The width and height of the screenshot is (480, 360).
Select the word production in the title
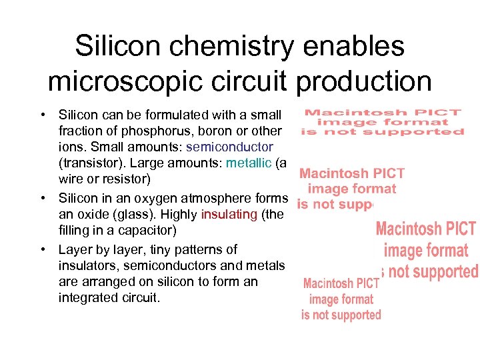point(363,82)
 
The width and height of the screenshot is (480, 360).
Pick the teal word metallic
point(249,163)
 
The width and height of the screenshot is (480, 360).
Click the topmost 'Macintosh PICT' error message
point(383,122)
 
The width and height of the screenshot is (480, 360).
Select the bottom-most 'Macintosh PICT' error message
point(341,299)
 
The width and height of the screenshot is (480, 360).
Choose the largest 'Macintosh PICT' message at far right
point(427,251)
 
